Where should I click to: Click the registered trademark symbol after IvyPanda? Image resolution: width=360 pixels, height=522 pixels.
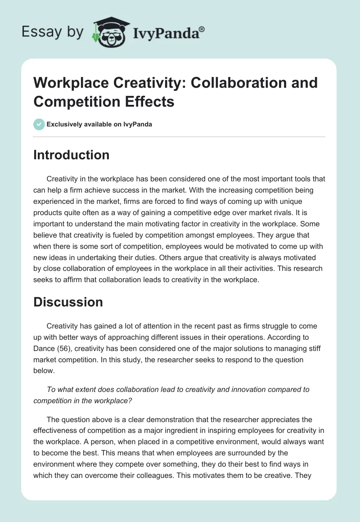[202, 29]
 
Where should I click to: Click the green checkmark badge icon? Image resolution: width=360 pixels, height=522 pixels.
[39, 124]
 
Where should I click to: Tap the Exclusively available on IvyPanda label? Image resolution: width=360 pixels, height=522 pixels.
[99, 125]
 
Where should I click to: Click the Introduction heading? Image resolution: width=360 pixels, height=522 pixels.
[71, 155]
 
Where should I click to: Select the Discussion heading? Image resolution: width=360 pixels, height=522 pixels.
[68, 302]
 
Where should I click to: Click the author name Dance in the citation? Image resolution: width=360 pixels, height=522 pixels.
[44, 348]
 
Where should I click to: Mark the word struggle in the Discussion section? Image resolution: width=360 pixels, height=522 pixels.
[258, 325]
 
